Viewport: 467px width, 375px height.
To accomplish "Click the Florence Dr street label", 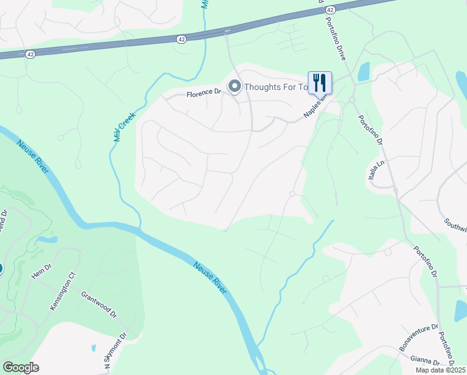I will click(x=205, y=94).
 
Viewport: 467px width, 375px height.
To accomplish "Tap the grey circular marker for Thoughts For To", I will click(x=235, y=86).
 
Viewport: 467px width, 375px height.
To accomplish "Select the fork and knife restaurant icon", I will click(x=320, y=82).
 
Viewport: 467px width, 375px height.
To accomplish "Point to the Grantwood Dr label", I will click(x=99, y=304).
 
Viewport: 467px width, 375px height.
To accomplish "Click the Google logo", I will click(x=21, y=367).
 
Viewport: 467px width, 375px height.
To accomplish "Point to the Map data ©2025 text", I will click(x=440, y=370).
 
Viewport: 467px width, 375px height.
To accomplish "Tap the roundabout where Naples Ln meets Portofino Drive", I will click(x=352, y=100).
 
